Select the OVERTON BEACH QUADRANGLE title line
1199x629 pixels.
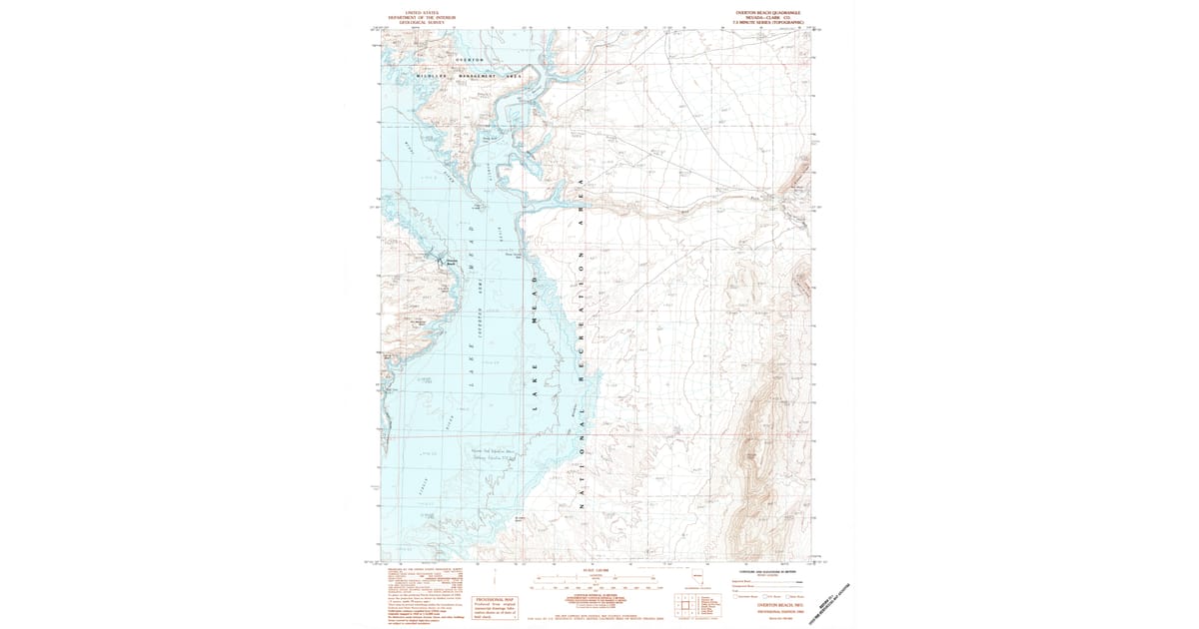(768, 13)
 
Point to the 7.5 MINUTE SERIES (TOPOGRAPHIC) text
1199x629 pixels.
(768, 22)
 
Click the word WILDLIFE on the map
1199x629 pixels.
(430, 77)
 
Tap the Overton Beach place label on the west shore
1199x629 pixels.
(451, 264)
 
